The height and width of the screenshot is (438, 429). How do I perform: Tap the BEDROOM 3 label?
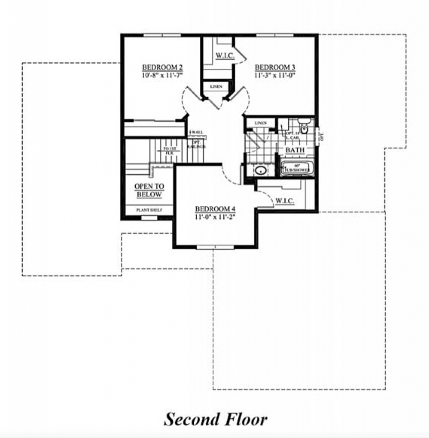[x=275, y=68]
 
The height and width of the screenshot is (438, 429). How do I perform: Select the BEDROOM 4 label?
[x=216, y=209]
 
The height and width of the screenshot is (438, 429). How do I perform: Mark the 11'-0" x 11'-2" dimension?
[x=216, y=216]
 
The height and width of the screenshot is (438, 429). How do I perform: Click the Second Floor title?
[x=216, y=419]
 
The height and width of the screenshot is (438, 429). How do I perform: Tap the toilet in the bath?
[x=304, y=127]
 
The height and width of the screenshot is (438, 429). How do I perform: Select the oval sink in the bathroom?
[x=260, y=171]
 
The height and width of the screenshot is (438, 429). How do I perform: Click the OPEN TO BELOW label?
[x=149, y=191]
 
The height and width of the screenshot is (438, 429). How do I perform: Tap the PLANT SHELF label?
[x=149, y=210]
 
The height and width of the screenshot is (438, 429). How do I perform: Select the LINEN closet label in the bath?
[x=260, y=123]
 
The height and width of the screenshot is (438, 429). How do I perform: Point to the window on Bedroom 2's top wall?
[x=156, y=35]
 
